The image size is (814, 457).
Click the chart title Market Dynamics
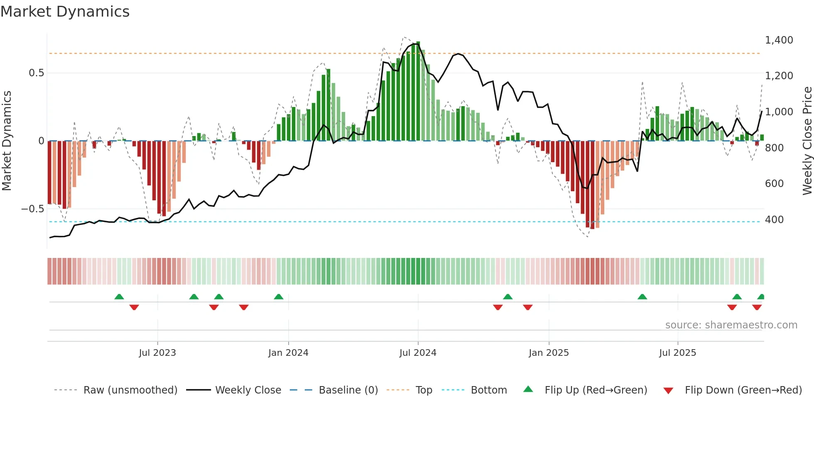click(x=65, y=12)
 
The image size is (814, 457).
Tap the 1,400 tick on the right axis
click(x=779, y=40)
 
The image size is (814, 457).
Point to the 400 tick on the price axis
click(x=774, y=219)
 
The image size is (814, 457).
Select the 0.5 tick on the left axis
click(x=36, y=73)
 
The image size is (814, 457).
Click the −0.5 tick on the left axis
click(x=33, y=209)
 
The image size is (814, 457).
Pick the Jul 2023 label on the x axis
click(x=157, y=353)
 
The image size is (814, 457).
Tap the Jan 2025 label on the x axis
click(x=549, y=353)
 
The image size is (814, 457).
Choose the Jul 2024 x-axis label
click(x=418, y=353)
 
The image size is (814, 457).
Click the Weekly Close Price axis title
click(x=807, y=141)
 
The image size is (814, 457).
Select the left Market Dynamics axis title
click(x=7, y=141)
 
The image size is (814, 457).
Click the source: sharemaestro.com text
click(x=731, y=325)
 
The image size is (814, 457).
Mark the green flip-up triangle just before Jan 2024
click(x=279, y=297)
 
